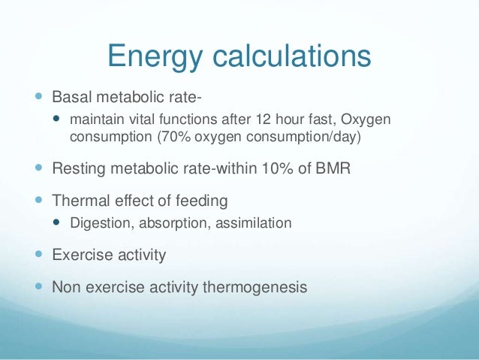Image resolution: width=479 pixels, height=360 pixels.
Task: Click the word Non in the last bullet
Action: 66,286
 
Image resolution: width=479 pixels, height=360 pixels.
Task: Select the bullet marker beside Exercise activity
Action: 38,255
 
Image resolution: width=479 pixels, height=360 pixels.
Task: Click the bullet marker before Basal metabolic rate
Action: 38,98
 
